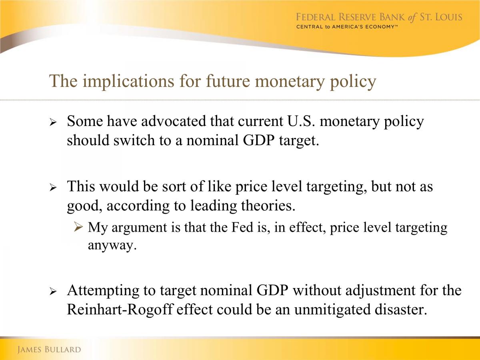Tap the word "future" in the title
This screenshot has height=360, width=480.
(x=228, y=80)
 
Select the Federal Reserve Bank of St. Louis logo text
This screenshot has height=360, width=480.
(x=379, y=17)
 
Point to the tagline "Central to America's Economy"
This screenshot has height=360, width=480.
(x=347, y=27)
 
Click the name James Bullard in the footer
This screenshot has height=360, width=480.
(x=49, y=350)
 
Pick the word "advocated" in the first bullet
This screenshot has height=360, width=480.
(x=174, y=121)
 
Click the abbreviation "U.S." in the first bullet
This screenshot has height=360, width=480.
(x=301, y=121)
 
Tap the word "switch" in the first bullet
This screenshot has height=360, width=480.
(x=134, y=140)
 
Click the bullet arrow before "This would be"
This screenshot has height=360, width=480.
(x=53, y=188)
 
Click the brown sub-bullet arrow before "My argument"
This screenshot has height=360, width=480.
(x=78, y=227)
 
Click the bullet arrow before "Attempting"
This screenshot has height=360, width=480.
(x=53, y=291)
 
